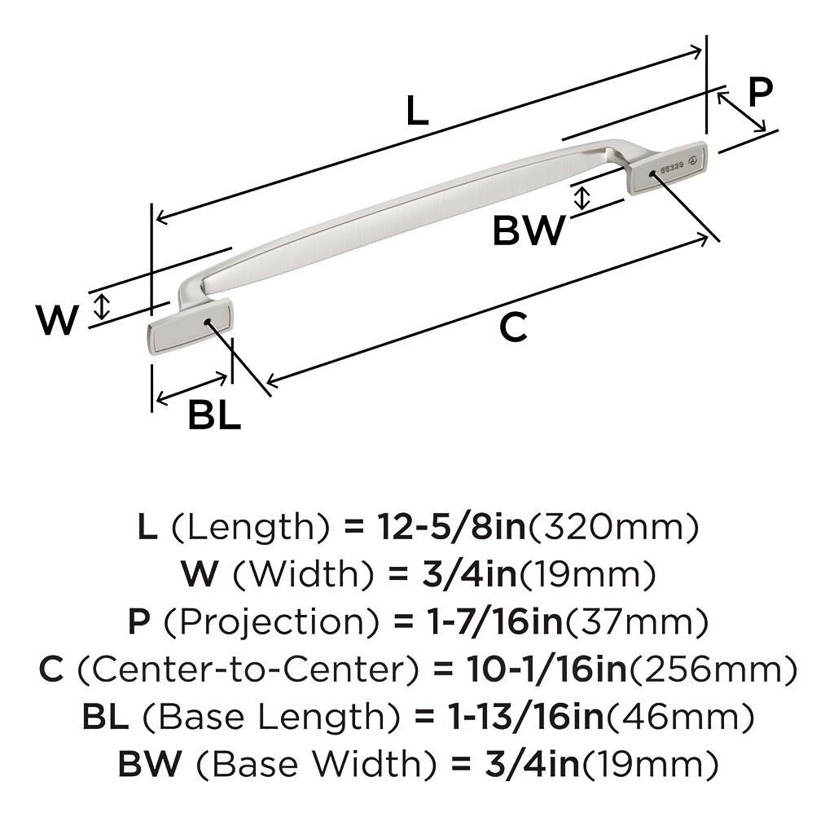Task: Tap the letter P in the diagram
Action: point(759,92)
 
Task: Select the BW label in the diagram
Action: point(529,231)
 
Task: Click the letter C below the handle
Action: point(513,327)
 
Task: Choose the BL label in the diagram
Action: point(214,416)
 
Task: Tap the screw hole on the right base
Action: point(652,173)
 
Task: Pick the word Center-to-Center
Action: point(251,669)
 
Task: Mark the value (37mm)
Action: point(637,622)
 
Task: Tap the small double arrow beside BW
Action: point(581,197)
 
